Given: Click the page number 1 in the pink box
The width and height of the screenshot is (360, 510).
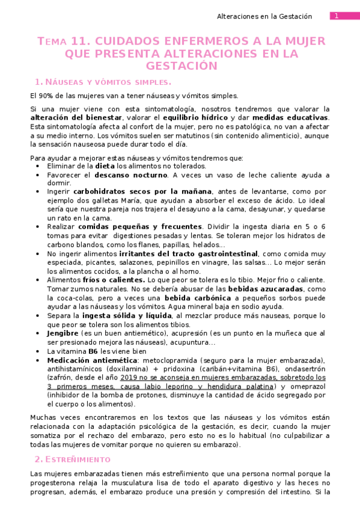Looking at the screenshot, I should point(337,16).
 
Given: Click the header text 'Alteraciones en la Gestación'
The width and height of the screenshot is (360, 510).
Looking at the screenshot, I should point(264,16).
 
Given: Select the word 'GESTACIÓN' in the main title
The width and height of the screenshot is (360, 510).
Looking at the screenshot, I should point(181,66).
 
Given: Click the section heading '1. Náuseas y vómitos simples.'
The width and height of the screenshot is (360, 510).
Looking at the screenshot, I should point(103,81).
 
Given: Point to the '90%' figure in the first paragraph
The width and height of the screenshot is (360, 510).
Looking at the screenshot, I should point(45,96).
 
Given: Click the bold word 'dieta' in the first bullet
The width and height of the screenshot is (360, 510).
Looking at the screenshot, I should point(105,165).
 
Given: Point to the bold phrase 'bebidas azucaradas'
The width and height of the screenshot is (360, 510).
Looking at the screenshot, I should point(264,289).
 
